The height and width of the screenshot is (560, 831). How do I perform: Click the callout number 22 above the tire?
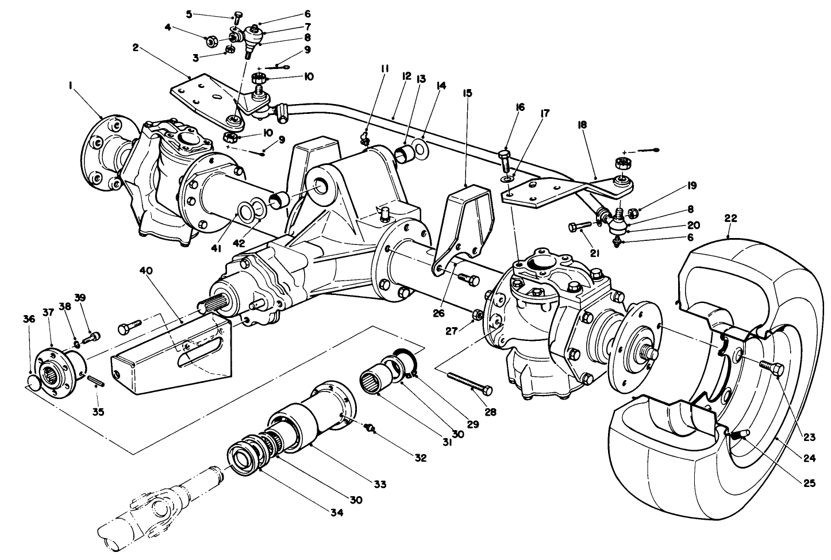(x=730, y=219)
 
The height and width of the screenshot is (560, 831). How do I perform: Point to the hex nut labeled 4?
(x=210, y=41)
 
